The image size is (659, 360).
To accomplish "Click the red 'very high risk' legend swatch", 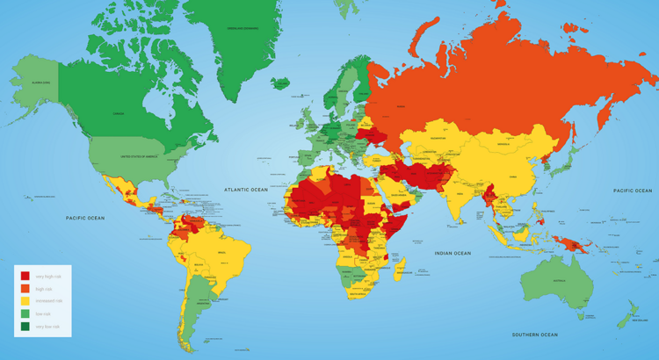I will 25,276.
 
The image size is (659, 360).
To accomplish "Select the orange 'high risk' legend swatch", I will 25,288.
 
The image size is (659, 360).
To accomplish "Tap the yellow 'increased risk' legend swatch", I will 25,300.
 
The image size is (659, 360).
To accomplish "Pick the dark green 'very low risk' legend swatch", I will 25,326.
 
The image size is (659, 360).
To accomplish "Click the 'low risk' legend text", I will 43,313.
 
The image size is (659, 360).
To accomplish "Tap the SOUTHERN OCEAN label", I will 535,335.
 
